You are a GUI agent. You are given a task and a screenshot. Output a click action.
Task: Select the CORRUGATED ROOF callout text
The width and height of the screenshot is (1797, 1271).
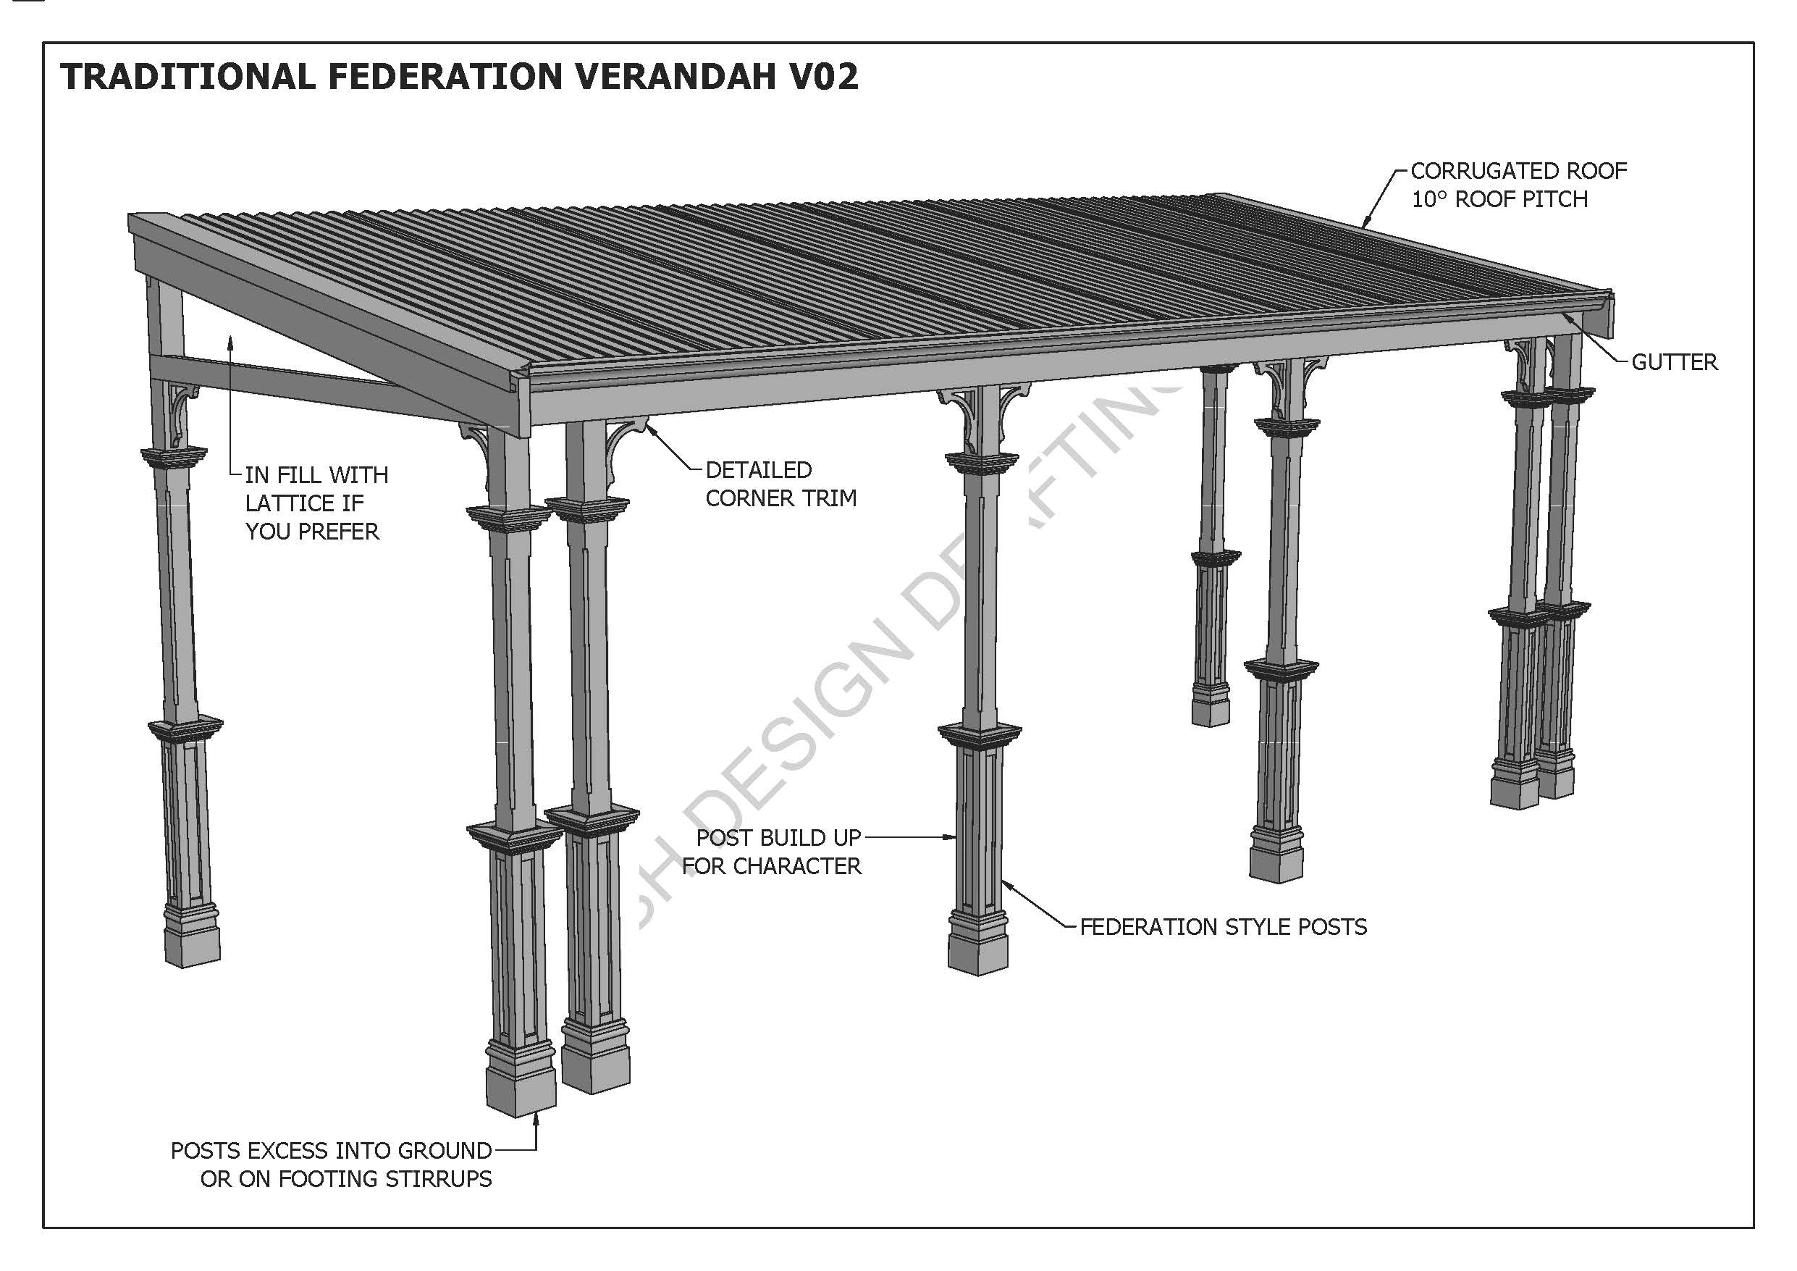tap(1518, 171)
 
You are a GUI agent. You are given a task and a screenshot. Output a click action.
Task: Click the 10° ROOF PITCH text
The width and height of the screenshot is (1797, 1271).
tap(1499, 200)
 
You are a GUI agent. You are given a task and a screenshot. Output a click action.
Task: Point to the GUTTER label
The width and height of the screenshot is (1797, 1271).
tap(1674, 363)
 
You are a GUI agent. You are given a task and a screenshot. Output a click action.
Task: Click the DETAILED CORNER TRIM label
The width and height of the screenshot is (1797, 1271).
tap(780, 484)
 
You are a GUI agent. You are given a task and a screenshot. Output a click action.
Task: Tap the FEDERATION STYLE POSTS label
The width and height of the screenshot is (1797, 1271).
tap(1223, 927)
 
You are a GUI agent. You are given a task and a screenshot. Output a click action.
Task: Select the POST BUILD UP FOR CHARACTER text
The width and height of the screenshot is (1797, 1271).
tap(775, 852)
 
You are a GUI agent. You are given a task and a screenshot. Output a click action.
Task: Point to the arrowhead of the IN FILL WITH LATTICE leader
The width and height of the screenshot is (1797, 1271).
tap(231, 338)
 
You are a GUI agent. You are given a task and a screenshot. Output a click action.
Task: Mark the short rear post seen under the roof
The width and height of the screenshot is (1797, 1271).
tap(1211, 548)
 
